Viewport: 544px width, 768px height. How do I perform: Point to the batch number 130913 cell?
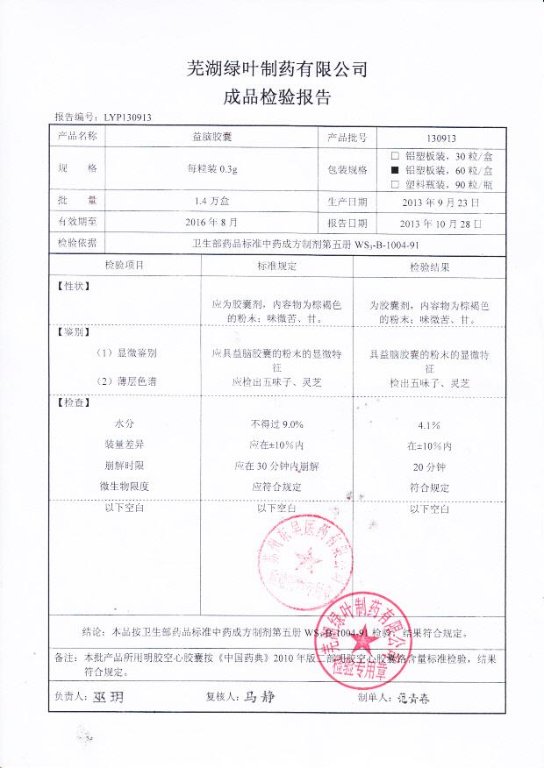point(440,139)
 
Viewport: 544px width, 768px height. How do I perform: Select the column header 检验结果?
point(430,265)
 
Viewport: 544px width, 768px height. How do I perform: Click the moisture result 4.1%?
point(429,425)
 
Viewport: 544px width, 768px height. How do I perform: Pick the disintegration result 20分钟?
point(430,467)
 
